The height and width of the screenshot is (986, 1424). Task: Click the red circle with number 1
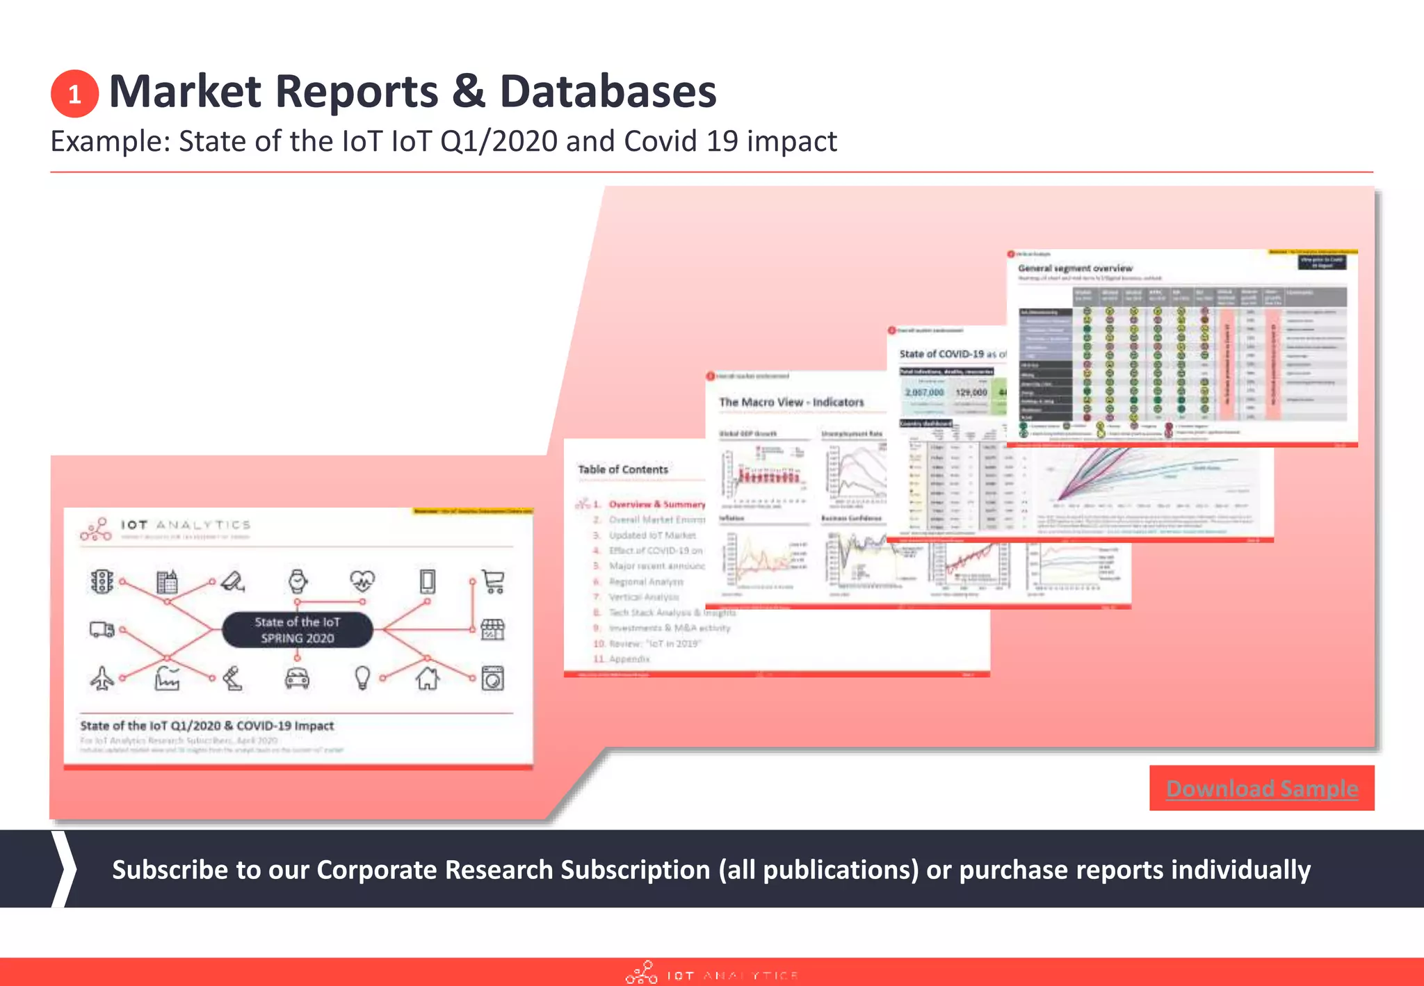pyautogui.click(x=74, y=94)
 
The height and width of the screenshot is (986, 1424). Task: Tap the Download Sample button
pyautogui.click(x=1261, y=788)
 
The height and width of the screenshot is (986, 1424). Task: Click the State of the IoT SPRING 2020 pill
pyautogui.click(x=297, y=630)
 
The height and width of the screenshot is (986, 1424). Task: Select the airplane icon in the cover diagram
pyautogui.click(x=102, y=678)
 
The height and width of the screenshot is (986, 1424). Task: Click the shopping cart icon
pyautogui.click(x=493, y=581)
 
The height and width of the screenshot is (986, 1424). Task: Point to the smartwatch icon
pyautogui.click(x=298, y=581)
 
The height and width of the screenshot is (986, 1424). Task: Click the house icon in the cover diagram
pyautogui.click(x=427, y=677)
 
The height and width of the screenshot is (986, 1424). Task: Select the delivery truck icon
pyautogui.click(x=102, y=629)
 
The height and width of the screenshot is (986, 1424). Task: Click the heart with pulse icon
pyautogui.click(x=362, y=580)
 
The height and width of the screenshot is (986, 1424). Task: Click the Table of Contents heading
pyautogui.click(x=623, y=469)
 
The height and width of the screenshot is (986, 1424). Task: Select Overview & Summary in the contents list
pyautogui.click(x=656, y=504)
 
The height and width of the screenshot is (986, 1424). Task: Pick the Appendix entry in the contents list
pyautogui.click(x=629, y=658)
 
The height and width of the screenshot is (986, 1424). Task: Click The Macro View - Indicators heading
pyautogui.click(x=791, y=402)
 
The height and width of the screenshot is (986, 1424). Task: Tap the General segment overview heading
pyautogui.click(x=1075, y=268)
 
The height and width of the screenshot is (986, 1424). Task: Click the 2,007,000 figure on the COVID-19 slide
pyautogui.click(x=924, y=392)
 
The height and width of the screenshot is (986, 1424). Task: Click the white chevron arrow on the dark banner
pyautogui.click(x=64, y=868)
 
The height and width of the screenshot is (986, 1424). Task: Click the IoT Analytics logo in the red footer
pyautogui.click(x=711, y=973)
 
